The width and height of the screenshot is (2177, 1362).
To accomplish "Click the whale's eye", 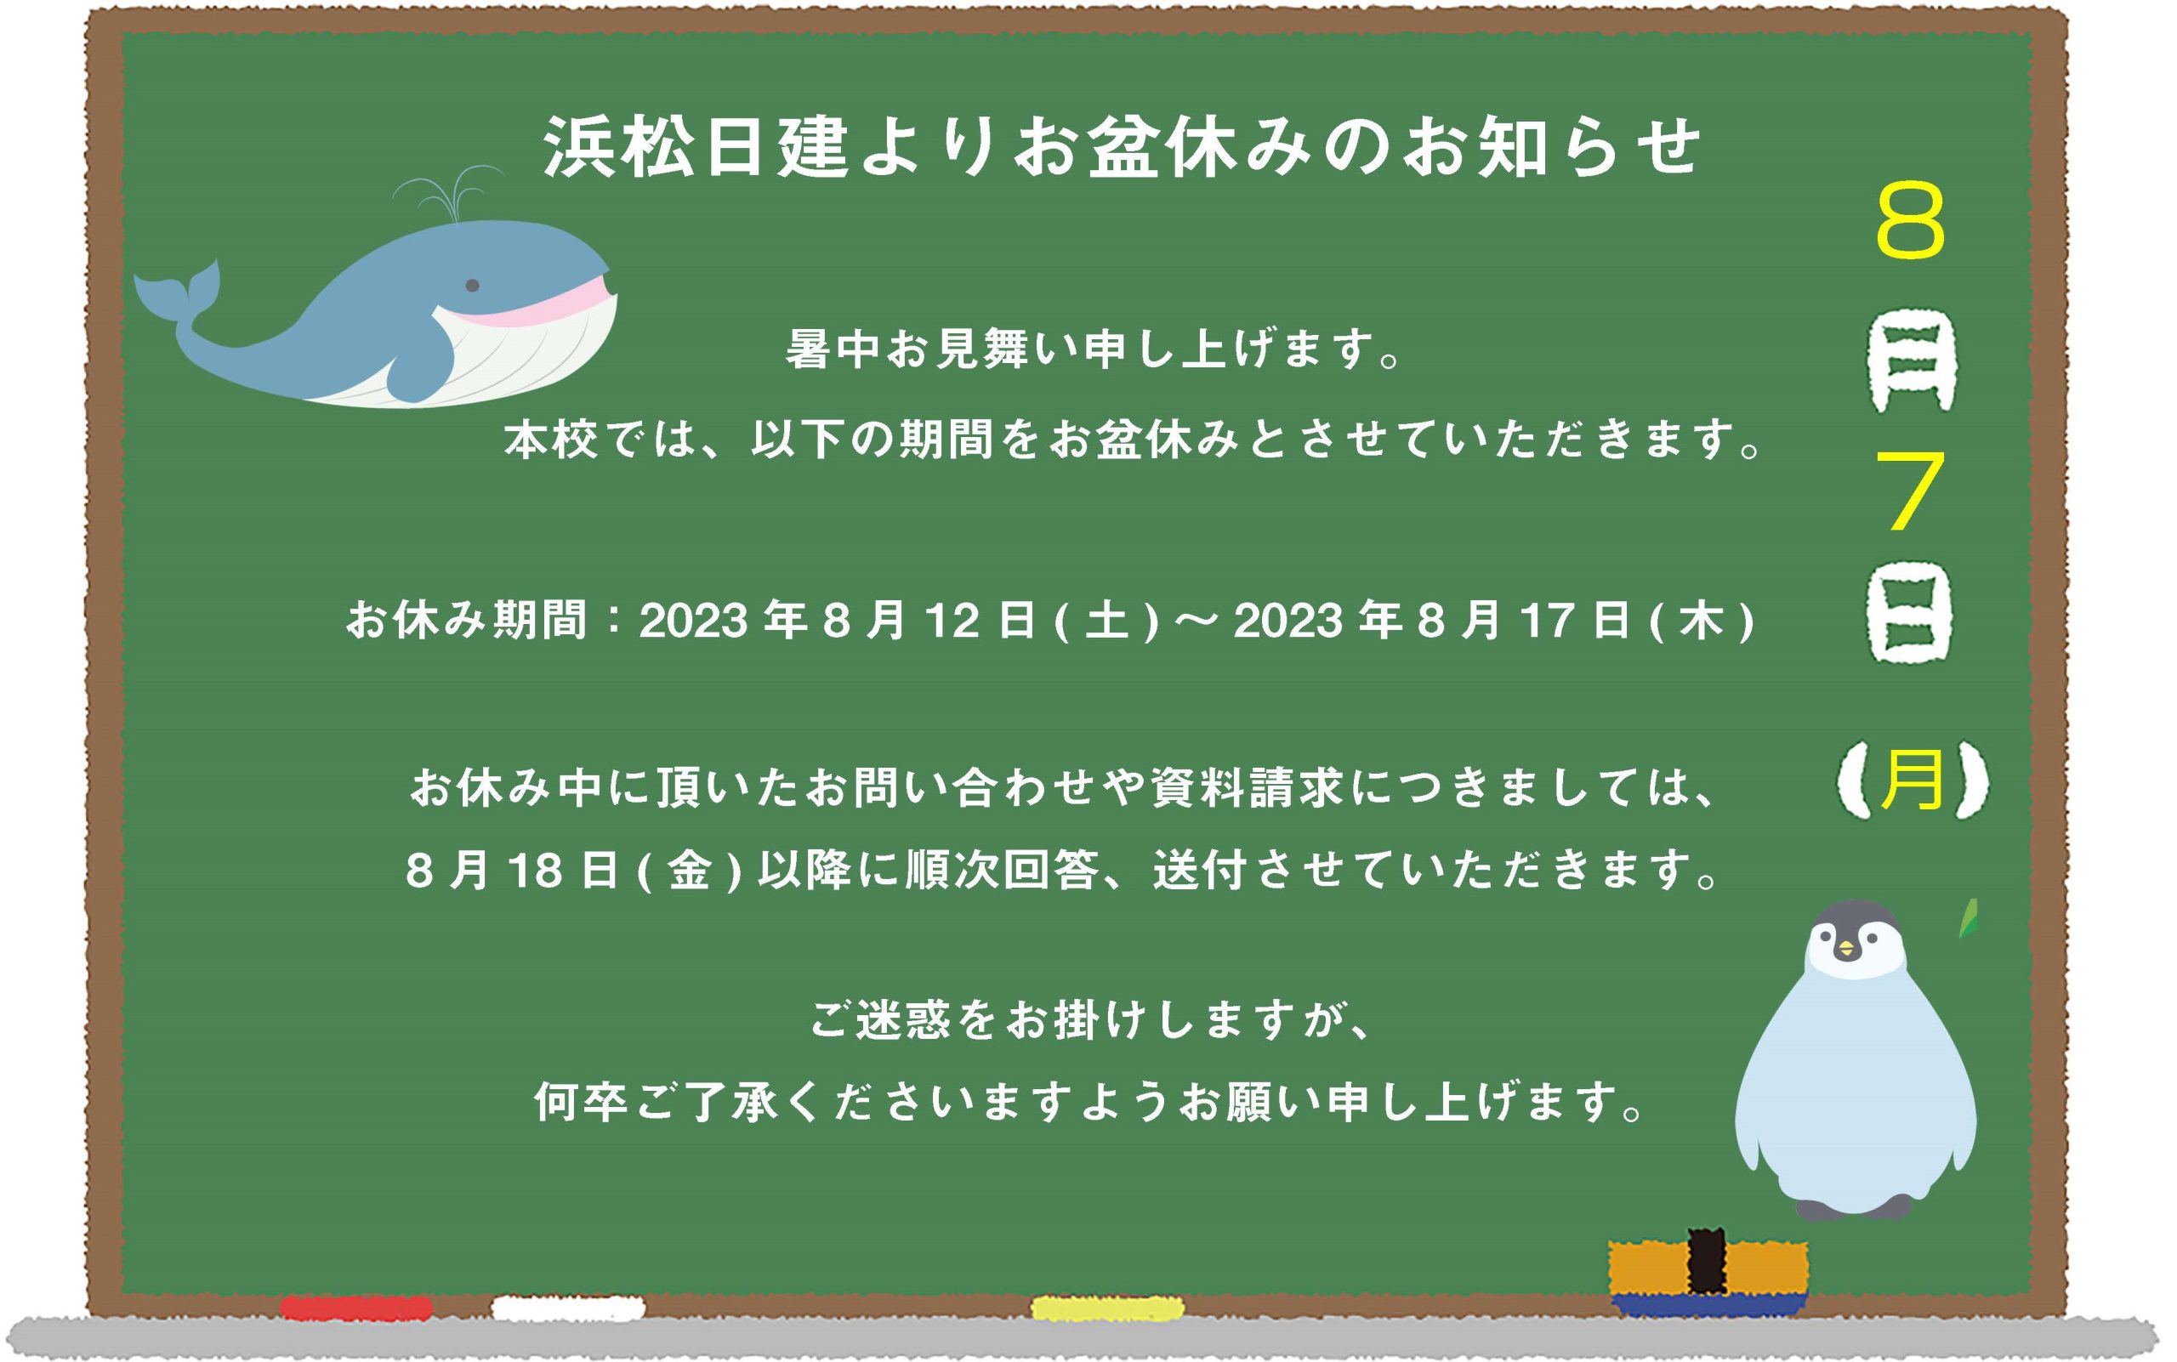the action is [472, 286].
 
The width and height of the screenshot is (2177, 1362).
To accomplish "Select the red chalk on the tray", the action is [357, 1307].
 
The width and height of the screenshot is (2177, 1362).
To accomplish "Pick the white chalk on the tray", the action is [569, 1307].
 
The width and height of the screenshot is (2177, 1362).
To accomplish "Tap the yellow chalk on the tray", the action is [1107, 1307].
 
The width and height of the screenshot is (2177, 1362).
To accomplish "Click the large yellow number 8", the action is [1910, 221].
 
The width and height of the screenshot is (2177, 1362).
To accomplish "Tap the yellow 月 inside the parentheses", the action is [1912, 779].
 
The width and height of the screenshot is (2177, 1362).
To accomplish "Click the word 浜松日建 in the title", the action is [696, 147].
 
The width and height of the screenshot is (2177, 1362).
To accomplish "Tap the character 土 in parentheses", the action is [1106, 621].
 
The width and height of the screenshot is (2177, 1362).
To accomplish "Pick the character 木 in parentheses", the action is [1702, 621].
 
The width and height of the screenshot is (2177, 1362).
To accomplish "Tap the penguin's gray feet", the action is [1853, 1208].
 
